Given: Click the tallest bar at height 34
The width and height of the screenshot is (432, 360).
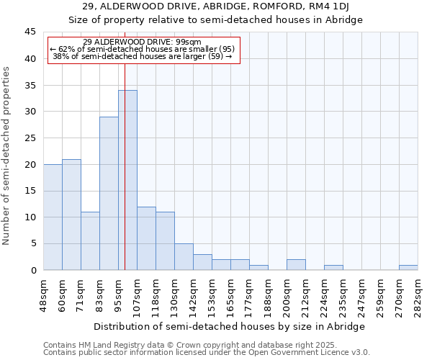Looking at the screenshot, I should pyautogui.click(x=127, y=180).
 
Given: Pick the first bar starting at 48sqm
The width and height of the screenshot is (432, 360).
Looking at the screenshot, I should pyautogui.click(x=53, y=217).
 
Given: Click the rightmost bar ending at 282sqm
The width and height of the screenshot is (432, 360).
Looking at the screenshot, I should pyautogui.click(x=408, y=267).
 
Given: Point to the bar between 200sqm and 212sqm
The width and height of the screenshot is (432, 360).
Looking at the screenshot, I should pyautogui.click(x=296, y=265).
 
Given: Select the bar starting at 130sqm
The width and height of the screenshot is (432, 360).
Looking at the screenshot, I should pyautogui.click(x=184, y=257).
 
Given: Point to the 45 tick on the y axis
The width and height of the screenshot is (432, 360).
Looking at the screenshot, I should pyautogui.click(x=30, y=32).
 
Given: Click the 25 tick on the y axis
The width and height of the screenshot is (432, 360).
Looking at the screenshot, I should pyautogui.click(x=30, y=138).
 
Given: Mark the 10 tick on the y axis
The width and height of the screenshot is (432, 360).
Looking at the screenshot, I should pyautogui.click(x=30, y=217).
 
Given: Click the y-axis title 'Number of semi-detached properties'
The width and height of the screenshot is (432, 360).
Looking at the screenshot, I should pyautogui.click(x=7, y=156).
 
